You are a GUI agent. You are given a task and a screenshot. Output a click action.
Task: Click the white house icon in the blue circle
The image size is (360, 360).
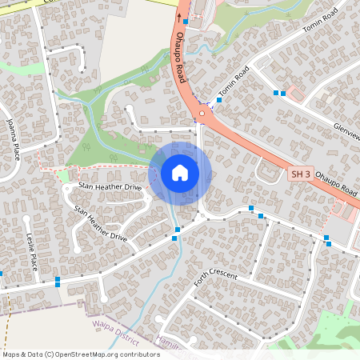(180, 173)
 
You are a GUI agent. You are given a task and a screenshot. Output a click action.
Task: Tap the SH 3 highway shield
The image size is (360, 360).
(299, 174)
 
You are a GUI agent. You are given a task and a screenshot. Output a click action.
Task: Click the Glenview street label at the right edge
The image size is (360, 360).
(346, 132)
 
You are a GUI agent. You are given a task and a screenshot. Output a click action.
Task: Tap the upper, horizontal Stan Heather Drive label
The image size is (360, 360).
(110, 186)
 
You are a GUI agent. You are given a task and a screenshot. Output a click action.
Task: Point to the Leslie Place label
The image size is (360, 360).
(32, 250)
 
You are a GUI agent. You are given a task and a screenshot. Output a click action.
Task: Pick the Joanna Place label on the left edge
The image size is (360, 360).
(12, 137)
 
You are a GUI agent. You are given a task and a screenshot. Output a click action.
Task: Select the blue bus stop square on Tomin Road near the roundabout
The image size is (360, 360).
(219, 100)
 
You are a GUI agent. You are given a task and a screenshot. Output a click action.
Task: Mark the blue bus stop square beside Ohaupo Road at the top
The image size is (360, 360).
(186, 22)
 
